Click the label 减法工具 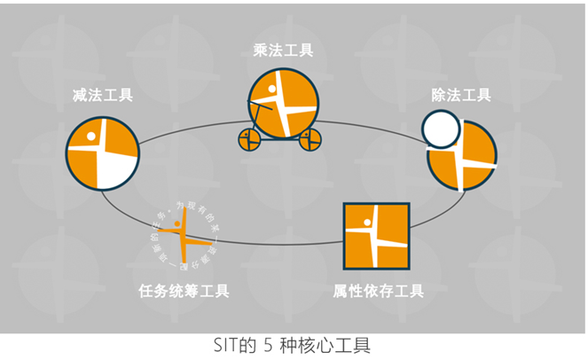[x=103, y=96]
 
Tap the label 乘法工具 [x=282, y=51]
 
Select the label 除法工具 [x=460, y=96]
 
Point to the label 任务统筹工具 [x=184, y=291]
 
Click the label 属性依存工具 [x=378, y=291]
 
